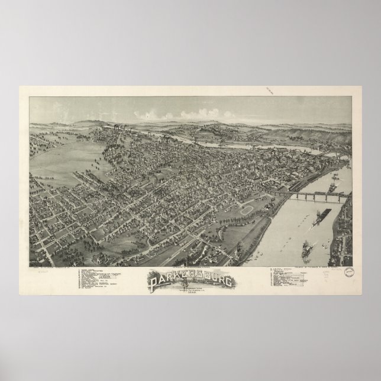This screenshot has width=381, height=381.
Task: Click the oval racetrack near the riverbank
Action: point(250,210)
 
